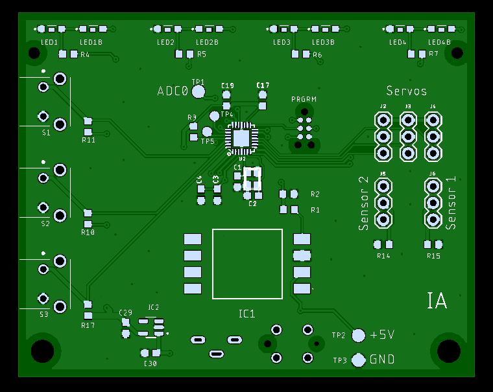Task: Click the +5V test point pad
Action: pyautogui.click(x=359, y=335)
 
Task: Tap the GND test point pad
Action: pyautogui.click(x=359, y=360)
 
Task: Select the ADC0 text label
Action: pyautogui.click(x=173, y=91)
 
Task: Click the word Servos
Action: pyautogui.click(x=407, y=91)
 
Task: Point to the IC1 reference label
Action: pyautogui.click(x=247, y=314)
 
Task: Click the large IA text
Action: pyautogui.click(x=437, y=301)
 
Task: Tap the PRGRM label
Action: pyautogui.click(x=304, y=99)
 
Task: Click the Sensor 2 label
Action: pyautogui.click(x=364, y=203)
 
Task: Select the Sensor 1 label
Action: pyautogui.click(x=452, y=202)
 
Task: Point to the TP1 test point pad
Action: pyautogui.click(x=198, y=91)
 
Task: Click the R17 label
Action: pyautogui.click(x=88, y=325)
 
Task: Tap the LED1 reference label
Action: pyautogui.click(x=50, y=42)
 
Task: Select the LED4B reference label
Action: pyautogui.click(x=439, y=42)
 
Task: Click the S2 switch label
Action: pyautogui.click(x=45, y=224)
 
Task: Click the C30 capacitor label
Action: pyautogui.click(x=150, y=363)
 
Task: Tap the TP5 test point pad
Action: pyautogui.click(x=213, y=133)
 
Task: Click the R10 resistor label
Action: pyautogui.click(x=88, y=232)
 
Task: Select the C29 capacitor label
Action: pyautogui.click(x=126, y=312)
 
